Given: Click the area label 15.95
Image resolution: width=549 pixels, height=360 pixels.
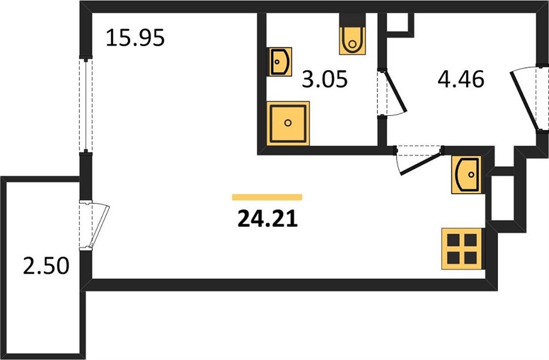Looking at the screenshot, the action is coord(135,38).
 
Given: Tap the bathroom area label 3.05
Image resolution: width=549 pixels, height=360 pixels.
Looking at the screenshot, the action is coord(325,79).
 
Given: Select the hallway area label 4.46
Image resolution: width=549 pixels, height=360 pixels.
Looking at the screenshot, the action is coord(461,79).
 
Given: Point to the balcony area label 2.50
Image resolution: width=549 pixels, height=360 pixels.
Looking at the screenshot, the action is coord(46,265).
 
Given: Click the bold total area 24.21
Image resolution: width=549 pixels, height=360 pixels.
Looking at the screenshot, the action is coord(268,219).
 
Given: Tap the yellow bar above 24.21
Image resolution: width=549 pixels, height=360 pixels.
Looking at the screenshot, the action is coord(267,197).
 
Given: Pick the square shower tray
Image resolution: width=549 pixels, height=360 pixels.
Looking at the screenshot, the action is coord(288,123).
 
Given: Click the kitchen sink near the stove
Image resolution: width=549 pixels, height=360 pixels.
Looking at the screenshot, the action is coord(466,175).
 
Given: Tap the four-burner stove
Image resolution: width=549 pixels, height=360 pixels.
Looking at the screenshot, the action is coord(462,248).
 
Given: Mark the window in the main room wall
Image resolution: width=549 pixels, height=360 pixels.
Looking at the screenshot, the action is coord(86,104).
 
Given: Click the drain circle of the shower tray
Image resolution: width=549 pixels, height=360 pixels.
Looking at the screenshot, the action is coord(288,122).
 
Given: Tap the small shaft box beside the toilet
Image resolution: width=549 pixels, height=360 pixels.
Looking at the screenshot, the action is coord(401,24).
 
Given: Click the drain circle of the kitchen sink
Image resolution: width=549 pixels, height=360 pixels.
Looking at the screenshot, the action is coord(471,174).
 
